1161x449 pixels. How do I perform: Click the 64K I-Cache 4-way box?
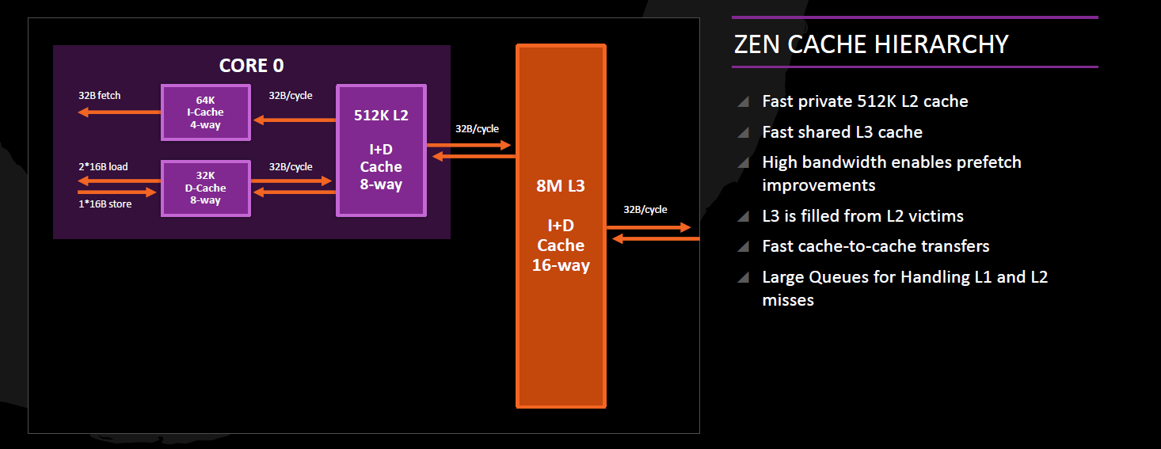206,112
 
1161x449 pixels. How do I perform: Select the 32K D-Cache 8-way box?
206,188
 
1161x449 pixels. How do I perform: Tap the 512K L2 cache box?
381,150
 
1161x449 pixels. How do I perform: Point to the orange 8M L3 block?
561,226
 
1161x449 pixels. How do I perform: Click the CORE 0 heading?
251,66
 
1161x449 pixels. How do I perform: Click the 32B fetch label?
100,96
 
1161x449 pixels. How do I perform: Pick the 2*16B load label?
103,167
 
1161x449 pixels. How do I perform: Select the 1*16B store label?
105,204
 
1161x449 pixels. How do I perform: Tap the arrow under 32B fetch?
119,112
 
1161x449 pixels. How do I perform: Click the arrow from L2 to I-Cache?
294,120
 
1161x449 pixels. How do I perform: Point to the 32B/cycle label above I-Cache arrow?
291,96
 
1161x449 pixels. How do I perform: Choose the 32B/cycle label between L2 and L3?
477,128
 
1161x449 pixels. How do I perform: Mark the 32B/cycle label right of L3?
645,210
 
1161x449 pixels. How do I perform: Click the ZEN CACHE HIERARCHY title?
871,44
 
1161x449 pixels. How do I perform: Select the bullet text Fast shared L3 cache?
842,132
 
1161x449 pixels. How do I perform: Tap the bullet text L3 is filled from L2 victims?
862,216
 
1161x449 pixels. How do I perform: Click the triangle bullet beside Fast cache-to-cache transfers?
743,247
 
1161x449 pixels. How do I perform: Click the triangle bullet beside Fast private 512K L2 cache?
743,102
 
